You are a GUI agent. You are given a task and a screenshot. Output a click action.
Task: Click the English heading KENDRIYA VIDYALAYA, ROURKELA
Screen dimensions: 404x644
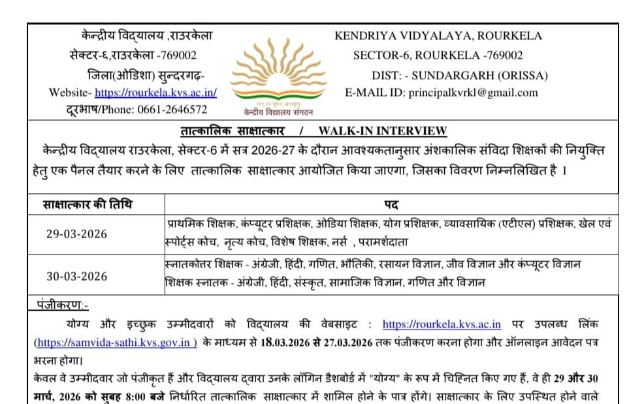[438, 37]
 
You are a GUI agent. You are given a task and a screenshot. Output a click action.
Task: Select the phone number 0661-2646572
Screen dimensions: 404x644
[172, 110]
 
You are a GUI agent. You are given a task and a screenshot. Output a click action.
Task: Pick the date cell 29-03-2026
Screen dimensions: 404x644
[76, 234]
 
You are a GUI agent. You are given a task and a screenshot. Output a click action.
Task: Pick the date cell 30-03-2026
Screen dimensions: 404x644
[76, 276]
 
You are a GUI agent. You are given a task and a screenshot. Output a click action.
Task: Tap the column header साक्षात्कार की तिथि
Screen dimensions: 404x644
[88, 204]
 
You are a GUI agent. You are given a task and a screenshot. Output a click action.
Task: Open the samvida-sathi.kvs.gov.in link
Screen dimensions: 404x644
[116, 342]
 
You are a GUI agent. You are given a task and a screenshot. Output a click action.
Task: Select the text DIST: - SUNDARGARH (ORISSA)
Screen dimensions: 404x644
[460, 74]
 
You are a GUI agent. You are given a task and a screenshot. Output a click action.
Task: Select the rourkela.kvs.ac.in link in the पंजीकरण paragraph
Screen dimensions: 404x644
[442, 324]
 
